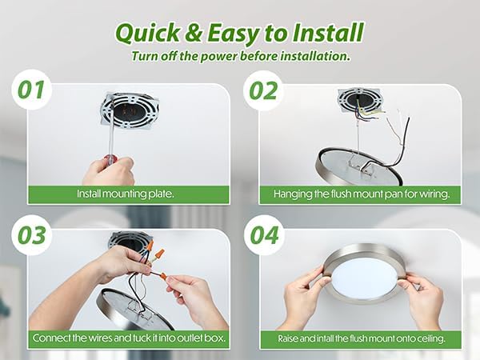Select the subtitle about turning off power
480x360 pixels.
(240, 56)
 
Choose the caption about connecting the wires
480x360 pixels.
(129, 338)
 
